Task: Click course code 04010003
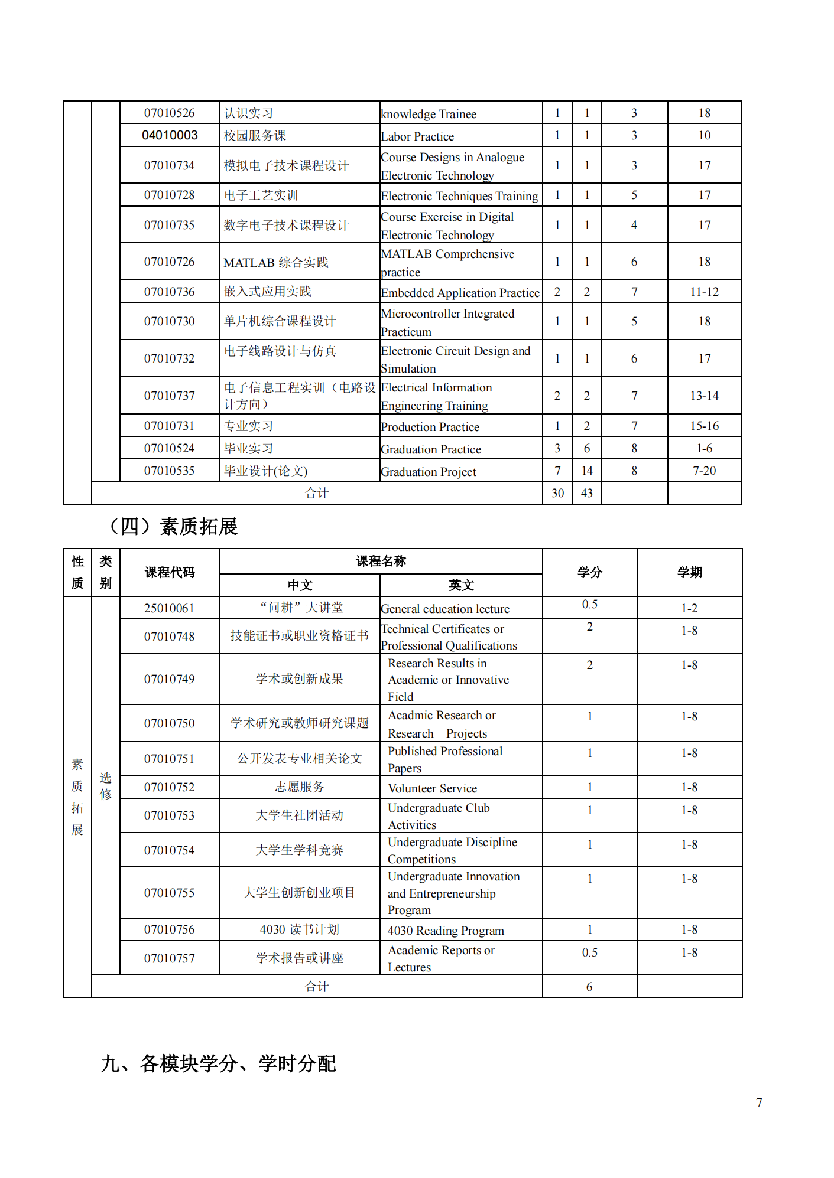click(170, 135)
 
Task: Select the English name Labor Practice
click(417, 136)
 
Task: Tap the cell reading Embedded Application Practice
click(460, 293)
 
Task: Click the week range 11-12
click(704, 292)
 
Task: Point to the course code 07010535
click(169, 471)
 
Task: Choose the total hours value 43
click(586, 493)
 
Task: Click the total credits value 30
click(557, 493)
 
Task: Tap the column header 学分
click(589, 572)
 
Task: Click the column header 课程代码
click(170, 572)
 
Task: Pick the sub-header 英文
click(460, 585)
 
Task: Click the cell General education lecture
click(444, 609)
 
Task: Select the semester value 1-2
click(689, 608)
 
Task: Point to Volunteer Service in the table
click(432, 788)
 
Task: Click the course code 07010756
click(169, 929)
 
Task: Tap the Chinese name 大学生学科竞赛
click(299, 850)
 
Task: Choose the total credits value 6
click(589, 987)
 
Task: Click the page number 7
click(759, 1102)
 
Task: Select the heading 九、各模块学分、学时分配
click(218, 1063)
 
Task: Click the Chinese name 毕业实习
click(248, 448)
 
